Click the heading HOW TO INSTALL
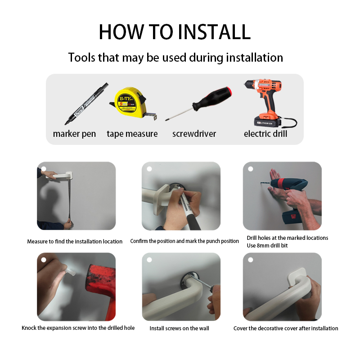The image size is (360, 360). [175, 31]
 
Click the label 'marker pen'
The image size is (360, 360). [74, 134]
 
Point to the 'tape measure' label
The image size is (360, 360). [132, 134]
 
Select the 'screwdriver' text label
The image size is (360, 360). [194, 134]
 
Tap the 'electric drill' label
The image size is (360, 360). [265, 134]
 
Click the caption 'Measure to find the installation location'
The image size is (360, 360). [75, 242]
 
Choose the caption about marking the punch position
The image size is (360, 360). [184, 241]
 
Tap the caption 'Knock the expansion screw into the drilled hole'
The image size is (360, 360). [78, 328]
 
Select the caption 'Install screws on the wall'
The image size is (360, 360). [179, 328]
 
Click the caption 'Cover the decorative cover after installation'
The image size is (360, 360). [286, 328]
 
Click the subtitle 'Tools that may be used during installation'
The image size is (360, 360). [175, 58]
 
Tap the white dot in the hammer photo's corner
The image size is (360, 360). [44, 260]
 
